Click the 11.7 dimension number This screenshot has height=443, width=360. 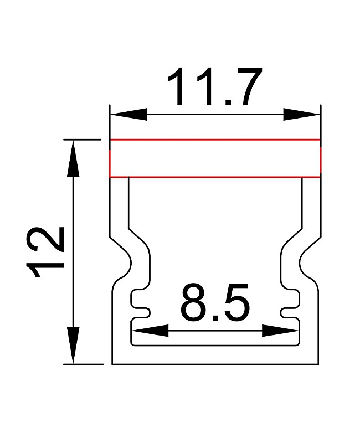click(x=215, y=87)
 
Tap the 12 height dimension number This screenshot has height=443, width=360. click(x=45, y=251)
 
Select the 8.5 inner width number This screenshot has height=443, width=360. click(x=215, y=302)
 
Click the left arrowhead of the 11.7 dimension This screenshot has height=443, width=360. click(x=129, y=115)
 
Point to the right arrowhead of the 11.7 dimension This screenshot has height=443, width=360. click(x=301, y=115)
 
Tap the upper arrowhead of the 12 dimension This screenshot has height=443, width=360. click(x=73, y=158)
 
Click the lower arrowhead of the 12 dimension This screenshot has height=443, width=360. click(x=73, y=345)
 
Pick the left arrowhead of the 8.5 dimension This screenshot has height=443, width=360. click(x=150, y=330)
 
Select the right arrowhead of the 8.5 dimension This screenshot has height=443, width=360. click(x=280, y=330)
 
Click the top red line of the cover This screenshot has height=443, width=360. click(x=215, y=140)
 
